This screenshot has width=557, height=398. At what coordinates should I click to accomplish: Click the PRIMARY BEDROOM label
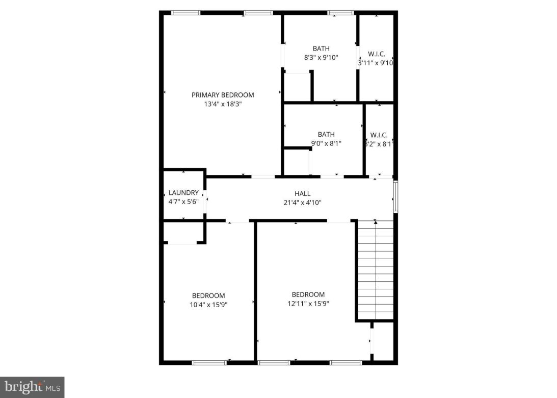click(x=223, y=95)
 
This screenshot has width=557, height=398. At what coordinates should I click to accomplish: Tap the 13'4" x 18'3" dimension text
click(x=223, y=104)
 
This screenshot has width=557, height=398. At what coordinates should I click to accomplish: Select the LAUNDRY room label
click(x=183, y=193)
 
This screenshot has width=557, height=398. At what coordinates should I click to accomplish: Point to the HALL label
click(x=302, y=194)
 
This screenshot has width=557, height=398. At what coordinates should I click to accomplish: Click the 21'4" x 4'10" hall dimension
click(x=302, y=203)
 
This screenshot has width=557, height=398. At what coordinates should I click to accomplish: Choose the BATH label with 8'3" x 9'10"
click(x=321, y=49)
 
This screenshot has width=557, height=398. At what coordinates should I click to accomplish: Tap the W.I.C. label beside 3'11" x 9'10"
click(x=376, y=54)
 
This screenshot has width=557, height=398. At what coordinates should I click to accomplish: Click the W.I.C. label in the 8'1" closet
click(x=379, y=135)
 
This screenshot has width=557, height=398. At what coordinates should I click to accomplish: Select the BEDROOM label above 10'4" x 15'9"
click(x=208, y=296)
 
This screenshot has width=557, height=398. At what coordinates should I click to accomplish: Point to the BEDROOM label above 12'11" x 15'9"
click(x=308, y=294)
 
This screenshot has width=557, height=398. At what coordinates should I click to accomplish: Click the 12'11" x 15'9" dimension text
click(x=308, y=304)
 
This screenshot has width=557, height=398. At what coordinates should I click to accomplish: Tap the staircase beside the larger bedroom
click(x=376, y=270)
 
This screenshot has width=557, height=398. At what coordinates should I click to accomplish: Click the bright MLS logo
click(x=32, y=387)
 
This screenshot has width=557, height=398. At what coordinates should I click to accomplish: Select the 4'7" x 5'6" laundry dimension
click(x=183, y=202)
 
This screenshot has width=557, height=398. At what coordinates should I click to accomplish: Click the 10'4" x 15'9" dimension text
click(x=208, y=305)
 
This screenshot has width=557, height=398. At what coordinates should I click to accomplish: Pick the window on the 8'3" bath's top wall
click(x=340, y=13)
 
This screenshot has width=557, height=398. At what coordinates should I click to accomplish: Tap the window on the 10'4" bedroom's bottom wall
click(x=209, y=363)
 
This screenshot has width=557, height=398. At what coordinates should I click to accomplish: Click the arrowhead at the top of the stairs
click(x=376, y=222)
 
